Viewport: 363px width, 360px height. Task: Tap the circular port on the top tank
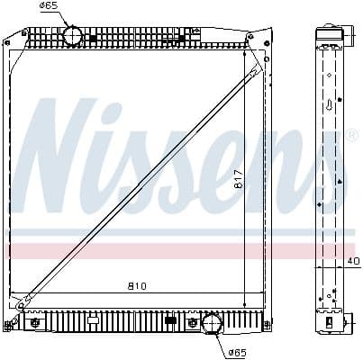point(72,36)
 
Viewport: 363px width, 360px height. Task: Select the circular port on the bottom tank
point(213,324)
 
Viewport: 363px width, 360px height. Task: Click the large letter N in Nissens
point(68,162)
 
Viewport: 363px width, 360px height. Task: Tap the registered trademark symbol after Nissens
point(352,136)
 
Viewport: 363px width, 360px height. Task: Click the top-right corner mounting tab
point(268,39)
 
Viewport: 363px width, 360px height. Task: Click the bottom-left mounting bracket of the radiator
point(33,322)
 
